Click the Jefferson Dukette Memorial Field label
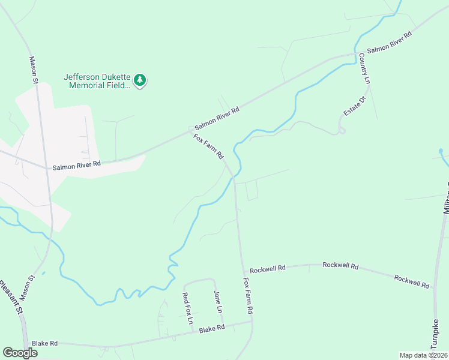(x=97, y=81)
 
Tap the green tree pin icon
(x=140, y=80)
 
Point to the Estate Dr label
(x=354, y=106)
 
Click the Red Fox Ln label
(x=187, y=308)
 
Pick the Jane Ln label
(x=218, y=302)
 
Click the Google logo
(x=20, y=353)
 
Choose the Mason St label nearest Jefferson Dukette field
(x=34, y=70)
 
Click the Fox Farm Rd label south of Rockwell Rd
(x=248, y=295)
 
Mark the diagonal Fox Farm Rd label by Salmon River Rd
(x=208, y=146)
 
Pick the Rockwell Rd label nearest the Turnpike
(x=412, y=281)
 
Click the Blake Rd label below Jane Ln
(x=211, y=329)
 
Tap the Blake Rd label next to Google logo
(x=44, y=343)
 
